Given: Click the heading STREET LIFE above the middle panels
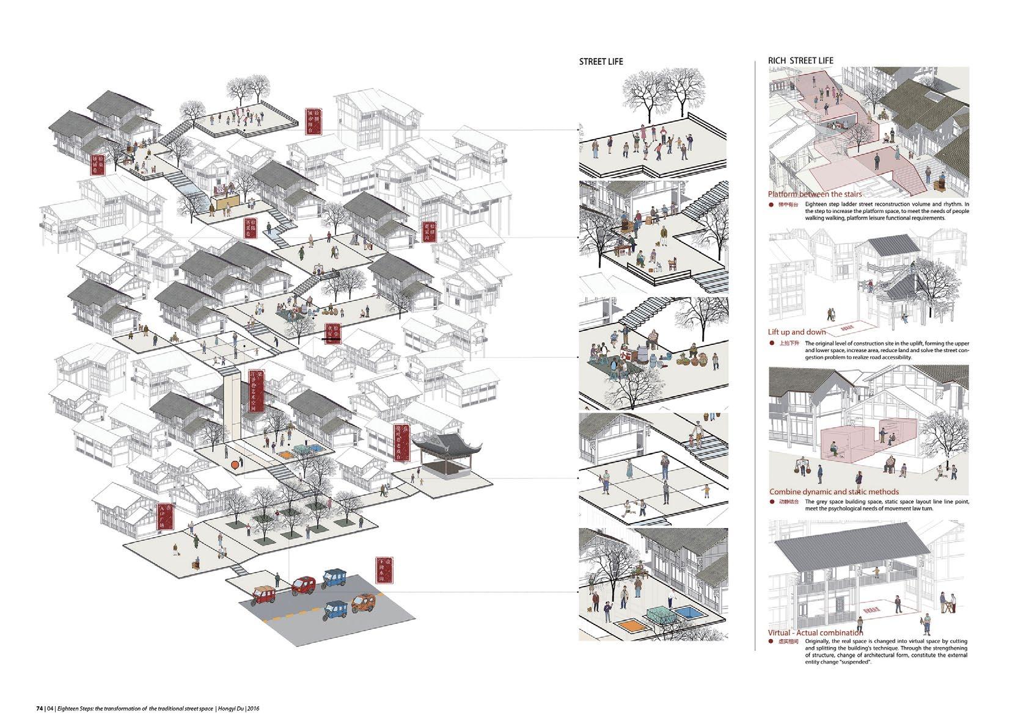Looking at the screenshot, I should tap(601, 62).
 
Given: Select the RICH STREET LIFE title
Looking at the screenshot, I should tap(800, 61).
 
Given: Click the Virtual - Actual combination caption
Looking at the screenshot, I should tap(816, 633).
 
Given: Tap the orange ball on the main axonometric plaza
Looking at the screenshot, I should tap(234, 466).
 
